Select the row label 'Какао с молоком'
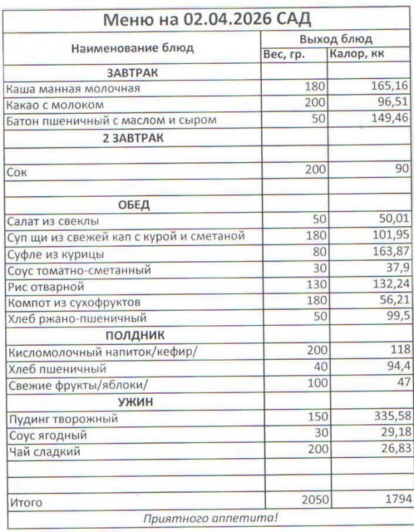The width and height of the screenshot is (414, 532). pos(54,104)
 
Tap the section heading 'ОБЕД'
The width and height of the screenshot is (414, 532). pos(133,204)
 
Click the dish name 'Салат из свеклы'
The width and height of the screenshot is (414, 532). pos(52,221)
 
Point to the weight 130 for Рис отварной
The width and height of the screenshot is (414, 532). pos(316,286)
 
